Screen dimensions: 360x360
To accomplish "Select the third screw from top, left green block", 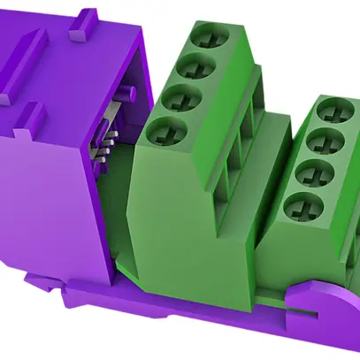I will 180,97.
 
